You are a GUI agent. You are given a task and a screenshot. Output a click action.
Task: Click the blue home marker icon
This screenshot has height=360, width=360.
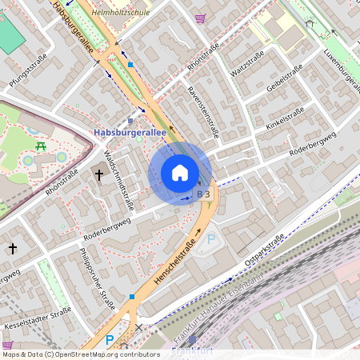pos(180,173)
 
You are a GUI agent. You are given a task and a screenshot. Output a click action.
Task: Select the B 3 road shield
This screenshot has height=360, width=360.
pos(204,194)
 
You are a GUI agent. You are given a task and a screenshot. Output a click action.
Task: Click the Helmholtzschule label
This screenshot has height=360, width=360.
pos(121,13)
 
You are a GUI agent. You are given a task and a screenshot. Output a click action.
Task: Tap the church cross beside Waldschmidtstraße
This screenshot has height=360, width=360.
pos(99,174)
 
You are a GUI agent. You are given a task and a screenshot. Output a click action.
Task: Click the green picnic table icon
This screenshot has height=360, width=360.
pos(41,146)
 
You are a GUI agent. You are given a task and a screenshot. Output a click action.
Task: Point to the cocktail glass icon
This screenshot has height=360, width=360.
pos(200,18)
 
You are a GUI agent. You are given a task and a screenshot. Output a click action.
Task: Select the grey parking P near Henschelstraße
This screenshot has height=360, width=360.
pos(211,238)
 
